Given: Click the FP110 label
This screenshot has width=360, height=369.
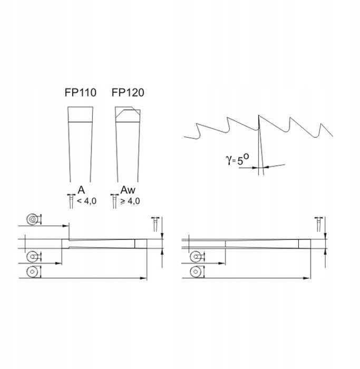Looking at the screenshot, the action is tap(81, 92).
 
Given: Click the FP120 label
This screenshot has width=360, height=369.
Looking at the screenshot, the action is tap(128, 92).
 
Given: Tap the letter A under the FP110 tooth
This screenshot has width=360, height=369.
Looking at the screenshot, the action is tap(81, 190).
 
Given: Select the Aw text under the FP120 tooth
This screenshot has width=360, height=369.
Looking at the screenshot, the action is tap(128, 190).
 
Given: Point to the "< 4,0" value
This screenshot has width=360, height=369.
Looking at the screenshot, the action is tap(86, 201).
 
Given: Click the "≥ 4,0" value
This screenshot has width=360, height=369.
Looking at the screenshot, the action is tap(130, 201).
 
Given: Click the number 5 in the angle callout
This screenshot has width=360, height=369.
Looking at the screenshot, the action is tap(240, 161).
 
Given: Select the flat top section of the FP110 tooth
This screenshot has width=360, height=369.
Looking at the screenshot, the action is tap(80, 114).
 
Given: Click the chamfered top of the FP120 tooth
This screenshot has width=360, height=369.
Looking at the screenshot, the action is tap(128, 114).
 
